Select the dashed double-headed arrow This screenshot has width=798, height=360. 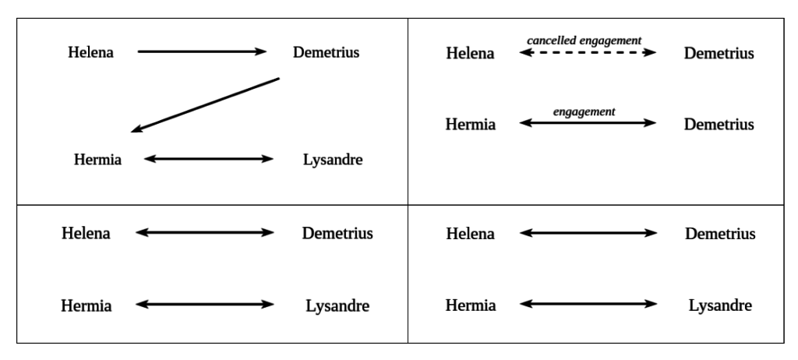tap(588, 53)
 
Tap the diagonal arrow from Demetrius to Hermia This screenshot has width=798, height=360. tap(205, 104)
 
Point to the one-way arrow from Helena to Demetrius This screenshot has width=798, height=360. tap(202, 52)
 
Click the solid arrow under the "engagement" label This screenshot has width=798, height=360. tap(588, 124)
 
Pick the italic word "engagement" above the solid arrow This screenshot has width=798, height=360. tap(584, 111)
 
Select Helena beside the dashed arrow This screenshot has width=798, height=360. tap(470, 54)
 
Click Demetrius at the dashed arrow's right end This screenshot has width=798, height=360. tap(719, 54)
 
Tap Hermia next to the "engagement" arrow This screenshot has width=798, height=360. tap(470, 125)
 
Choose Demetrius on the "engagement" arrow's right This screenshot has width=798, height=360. tap(719, 125)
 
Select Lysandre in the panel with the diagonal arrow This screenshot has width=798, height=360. tap(333, 161)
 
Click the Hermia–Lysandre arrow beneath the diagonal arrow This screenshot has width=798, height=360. tap(209, 160)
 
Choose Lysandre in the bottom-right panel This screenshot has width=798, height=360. tap(720, 305)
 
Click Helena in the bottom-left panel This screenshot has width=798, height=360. tap(87, 233)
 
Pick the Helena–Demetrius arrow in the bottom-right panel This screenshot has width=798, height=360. tap(588, 233)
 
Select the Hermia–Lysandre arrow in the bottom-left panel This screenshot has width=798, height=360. tap(204, 305)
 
